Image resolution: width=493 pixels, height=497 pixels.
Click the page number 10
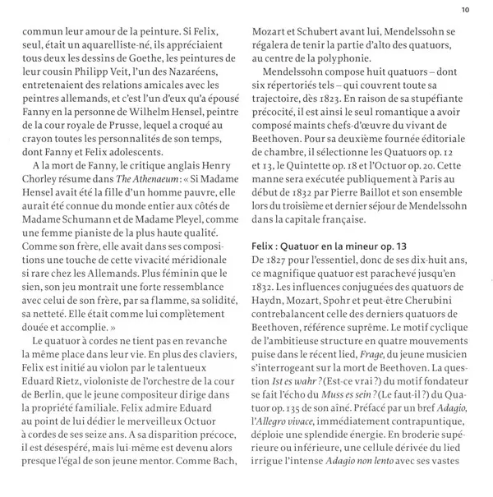465,10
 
